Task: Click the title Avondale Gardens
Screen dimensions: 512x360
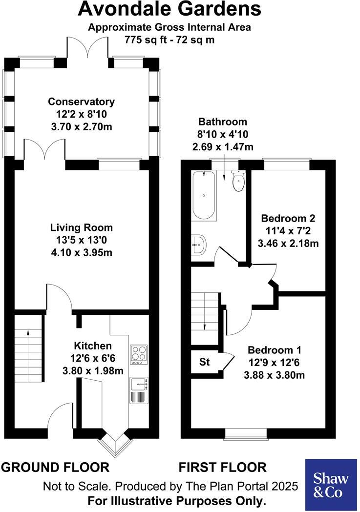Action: point(169,9)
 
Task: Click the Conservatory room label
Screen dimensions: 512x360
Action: point(81,102)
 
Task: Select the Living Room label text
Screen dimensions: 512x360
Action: point(81,227)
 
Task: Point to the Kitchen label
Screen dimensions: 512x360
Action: point(93,346)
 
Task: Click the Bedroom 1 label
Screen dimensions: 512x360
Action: point(274,350)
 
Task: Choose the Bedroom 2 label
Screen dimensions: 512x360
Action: point(288,218)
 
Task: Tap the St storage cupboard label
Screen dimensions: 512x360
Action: point(205,363)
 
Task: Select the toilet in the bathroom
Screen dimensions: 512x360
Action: point(238,183)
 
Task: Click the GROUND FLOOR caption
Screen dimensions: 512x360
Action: point(55,468)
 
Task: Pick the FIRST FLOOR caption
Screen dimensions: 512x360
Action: point(222,468)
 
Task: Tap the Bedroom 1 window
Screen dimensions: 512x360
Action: point(246,432)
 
